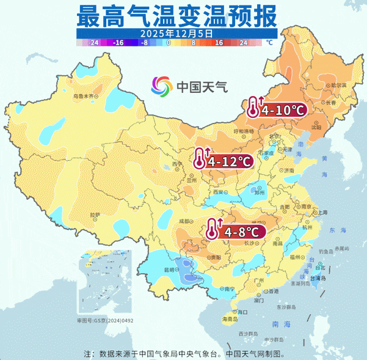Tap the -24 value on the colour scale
click(93, 43)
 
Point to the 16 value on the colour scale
click(218, 43)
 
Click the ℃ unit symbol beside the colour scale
click(269, 43)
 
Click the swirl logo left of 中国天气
click(162, 87)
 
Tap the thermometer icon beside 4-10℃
click(253, 107)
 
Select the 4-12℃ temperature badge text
click(230, 162)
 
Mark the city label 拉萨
click(95, 215)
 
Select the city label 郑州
click(260, 192)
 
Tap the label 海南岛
click(229, 318)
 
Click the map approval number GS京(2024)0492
click(105, 320)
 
